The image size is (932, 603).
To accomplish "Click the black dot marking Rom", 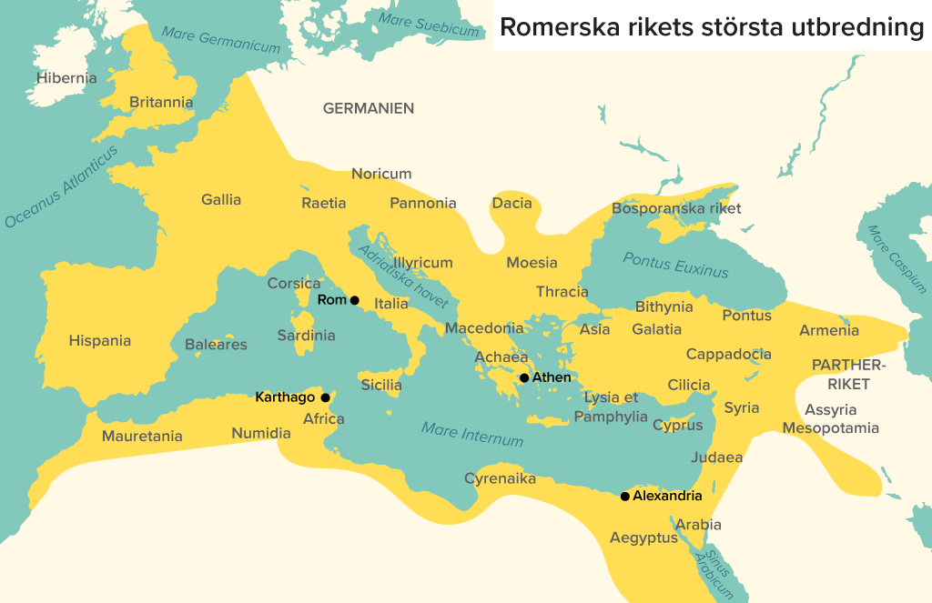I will [355, 300].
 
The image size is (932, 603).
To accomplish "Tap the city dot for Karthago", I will [325, 397].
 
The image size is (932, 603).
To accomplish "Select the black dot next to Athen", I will [524, 378].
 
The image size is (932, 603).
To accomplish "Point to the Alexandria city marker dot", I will [624, 497].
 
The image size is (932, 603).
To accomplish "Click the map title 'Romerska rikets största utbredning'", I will [711, 26].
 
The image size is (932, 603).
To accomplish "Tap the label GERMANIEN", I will [369, 108].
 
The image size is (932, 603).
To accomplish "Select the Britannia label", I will [161, 103].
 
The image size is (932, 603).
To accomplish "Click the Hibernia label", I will [66, 78].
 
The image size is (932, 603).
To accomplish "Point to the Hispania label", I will [100, 341].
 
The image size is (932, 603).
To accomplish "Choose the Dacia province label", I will [512, 203].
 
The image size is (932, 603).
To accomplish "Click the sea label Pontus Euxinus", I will [675, 265].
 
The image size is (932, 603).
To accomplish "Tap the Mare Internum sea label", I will [472, 434].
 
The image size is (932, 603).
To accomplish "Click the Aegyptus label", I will [643, 538].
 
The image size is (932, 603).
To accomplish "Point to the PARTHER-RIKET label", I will [848, 374].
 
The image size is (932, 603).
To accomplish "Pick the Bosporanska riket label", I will [676, 208].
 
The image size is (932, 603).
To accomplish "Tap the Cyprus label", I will [678, 425].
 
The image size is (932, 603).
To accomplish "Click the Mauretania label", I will [142, 437].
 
